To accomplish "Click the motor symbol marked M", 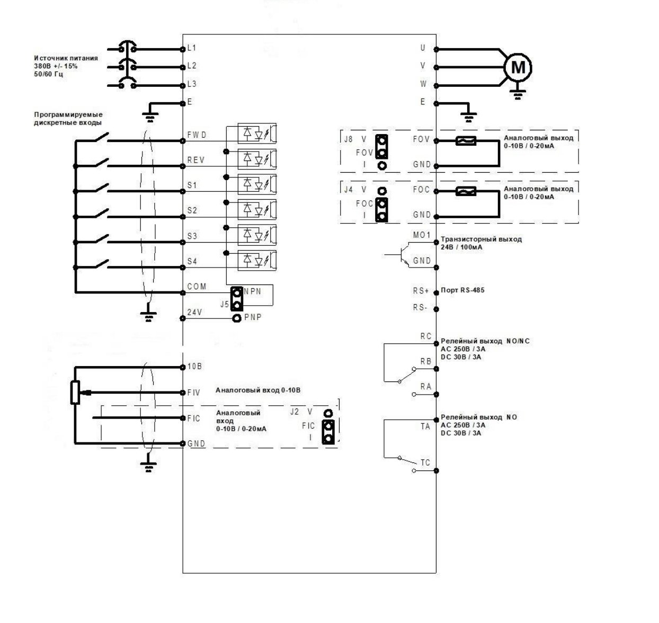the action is [518, 67].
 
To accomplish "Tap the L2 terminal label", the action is [192, 65].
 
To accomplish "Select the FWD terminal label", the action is [197, 135].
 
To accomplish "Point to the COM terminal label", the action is [197, 287].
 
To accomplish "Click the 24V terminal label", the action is [194, 312].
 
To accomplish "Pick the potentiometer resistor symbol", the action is [75, 392].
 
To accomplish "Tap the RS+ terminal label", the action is [421, 291].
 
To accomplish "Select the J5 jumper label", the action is [224, 304].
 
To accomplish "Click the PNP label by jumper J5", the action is [253, 317].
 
